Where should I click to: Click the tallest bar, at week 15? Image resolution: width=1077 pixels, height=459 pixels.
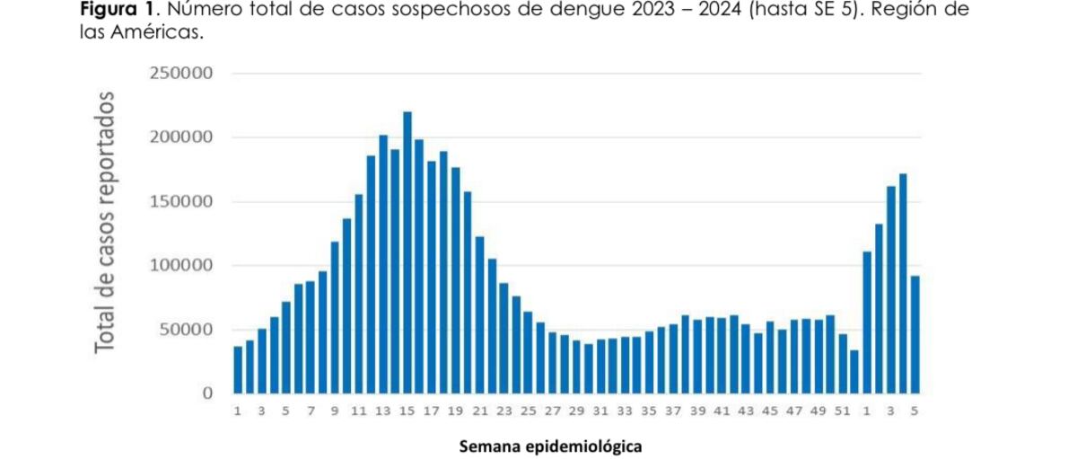tap(407, 252)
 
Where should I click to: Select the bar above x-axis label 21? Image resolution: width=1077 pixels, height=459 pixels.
tap(480, 314)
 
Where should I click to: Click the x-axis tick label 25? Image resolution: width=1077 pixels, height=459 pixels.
tap(528, 410)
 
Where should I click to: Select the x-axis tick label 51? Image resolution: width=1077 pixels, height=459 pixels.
tap(841, 410)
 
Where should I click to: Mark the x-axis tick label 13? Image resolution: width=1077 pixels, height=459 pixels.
tap(383, 410)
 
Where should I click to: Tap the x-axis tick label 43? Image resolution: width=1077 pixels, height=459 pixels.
tap(745, 410)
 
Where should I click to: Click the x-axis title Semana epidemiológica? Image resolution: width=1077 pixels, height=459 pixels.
tap(550, 446)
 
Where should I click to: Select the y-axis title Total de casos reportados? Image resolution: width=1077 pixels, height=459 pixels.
tap(107, 221)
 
